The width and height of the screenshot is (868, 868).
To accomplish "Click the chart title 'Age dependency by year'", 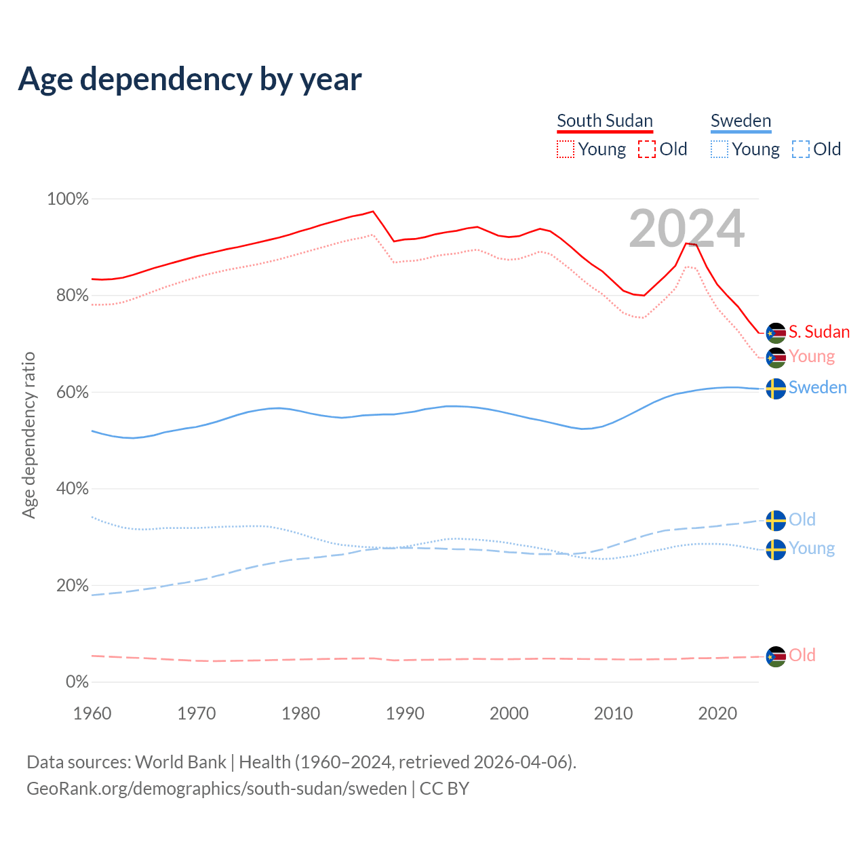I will tap(190, 79).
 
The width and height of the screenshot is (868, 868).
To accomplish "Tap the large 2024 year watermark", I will tap(686, 229).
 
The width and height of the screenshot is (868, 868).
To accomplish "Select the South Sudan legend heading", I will tap(605, 121).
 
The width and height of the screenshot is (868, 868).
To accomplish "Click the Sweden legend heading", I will tap(741, 121).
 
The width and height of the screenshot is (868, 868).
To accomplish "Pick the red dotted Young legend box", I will tap(565, 149).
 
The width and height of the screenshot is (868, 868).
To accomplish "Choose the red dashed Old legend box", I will tap(647, 149).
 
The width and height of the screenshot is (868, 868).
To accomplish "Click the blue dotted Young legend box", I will tap(719, 149).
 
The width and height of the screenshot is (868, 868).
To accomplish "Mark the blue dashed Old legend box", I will tap(801, 149).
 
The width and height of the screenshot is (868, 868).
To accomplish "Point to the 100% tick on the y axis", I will tap(68, 199).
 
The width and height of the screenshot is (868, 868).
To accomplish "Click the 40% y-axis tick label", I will tap(72, 489).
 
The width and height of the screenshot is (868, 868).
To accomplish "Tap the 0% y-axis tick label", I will tap(77, 682).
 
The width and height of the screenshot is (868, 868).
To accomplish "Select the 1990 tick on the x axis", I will tap(405, 713).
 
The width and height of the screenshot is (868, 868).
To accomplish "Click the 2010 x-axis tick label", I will tap(613, 713).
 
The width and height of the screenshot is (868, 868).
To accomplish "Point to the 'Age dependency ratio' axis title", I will tap(28, 435).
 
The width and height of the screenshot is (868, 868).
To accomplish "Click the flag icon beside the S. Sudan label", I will tap(776, 333).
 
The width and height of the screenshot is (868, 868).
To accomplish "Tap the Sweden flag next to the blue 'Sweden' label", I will tap(776, 389).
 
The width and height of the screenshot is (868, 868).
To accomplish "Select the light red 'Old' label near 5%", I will tap(802, 655).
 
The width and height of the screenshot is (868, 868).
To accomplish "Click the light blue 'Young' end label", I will tap(812, 549).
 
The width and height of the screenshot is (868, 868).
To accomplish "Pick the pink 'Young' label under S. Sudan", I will tap(812, 357).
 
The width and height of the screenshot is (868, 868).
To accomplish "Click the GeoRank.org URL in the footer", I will tap(216, 789).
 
